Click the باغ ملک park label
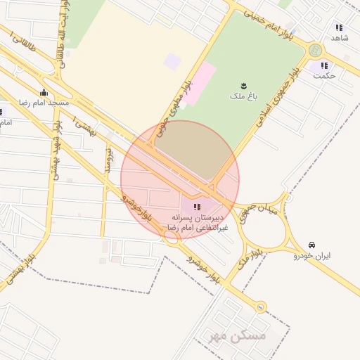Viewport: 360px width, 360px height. click(245, 95)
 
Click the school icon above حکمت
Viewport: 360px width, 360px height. click(324, 65)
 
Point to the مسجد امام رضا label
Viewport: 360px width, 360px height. click(44, 103)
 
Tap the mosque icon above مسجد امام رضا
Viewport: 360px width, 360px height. click(44, 93)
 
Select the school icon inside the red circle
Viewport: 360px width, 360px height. click(197, 207)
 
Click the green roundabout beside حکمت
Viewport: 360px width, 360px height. click(315, 50)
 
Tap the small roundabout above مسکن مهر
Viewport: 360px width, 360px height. click(261, 307)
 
